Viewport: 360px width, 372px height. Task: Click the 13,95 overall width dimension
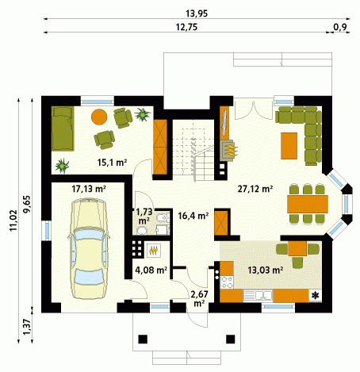tap(197, 13)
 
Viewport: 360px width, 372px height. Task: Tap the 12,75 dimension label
tap(186, 27)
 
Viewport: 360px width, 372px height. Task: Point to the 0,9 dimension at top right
tap(340, 27)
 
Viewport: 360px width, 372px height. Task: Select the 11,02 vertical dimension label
tap(13, 221)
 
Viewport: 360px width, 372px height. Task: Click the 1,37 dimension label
tap(27, 327)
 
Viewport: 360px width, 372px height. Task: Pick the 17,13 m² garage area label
tap(89, 189)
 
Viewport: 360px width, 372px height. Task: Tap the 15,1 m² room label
tap(112, 163)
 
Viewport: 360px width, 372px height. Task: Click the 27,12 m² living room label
tap(255, 189)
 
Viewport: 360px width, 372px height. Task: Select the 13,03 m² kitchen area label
tap(266, 270)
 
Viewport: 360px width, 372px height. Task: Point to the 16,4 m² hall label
tap(193, 216)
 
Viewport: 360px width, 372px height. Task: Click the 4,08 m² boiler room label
tap(151, 270)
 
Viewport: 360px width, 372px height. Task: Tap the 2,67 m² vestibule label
tap(199, 299)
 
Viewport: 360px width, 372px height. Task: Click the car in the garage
tap(89, 248)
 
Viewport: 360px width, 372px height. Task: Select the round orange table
tap(99, 117)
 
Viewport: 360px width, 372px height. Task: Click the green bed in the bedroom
tap(63, 128)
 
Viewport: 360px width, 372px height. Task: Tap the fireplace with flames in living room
tap(228, 150)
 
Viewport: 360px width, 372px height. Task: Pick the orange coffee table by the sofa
tap(289, 146)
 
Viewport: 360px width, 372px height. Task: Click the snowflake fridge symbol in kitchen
tap(316, 296)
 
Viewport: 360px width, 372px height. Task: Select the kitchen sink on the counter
tap(258, 296)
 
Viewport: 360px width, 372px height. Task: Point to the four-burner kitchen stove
tap(227, 282)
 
